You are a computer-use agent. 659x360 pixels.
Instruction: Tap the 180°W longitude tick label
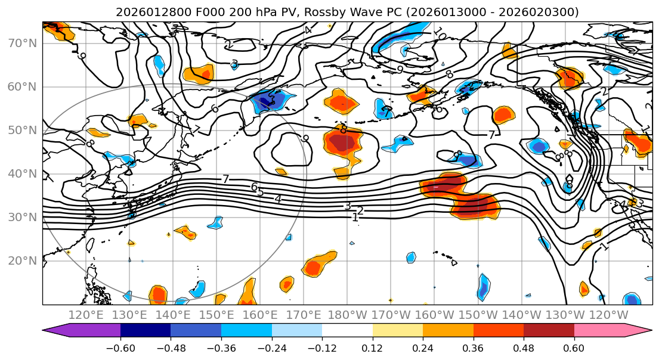click(348, 315)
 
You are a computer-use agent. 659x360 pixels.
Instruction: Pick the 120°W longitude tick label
click(609, 315)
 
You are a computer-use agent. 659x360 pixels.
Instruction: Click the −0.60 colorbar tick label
click(120, 347)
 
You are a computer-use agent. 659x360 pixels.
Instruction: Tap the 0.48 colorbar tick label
click(524, 347)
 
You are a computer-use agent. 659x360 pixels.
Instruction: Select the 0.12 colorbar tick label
click(373, 347)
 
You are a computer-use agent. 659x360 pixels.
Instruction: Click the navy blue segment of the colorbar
click(146, 331)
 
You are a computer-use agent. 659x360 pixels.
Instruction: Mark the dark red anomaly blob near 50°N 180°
click(342, 143)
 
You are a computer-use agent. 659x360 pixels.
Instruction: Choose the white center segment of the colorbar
click(347, 331)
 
